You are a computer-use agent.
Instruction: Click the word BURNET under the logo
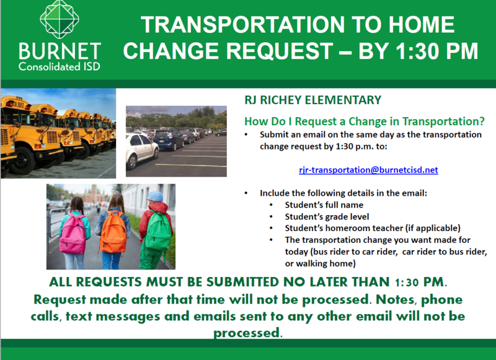click(x=60, y=51)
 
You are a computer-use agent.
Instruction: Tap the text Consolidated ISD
click(x=60, y=67)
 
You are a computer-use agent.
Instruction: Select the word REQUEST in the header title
click(x=280, y=51)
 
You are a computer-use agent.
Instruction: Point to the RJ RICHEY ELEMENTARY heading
click(x=313, y=100)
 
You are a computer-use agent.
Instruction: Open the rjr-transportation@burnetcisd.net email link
click(x=368, y=170)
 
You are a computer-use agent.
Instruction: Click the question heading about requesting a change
click(x=365, y=121)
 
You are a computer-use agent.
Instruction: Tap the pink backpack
click(x=73, y=234)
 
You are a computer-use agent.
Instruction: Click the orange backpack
click(x=113, y=232)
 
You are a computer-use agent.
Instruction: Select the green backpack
click(x=158, y=230)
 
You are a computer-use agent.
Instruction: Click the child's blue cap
click(x=155, y=196)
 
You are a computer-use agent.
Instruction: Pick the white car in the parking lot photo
click(x=142, y=150)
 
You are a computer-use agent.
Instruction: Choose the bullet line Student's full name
click(x=324, y=205)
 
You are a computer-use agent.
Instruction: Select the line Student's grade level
click(x=327, y=216)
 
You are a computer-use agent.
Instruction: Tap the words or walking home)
click(x=320, y=263)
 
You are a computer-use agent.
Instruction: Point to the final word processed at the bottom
click(x=248, y=333)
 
